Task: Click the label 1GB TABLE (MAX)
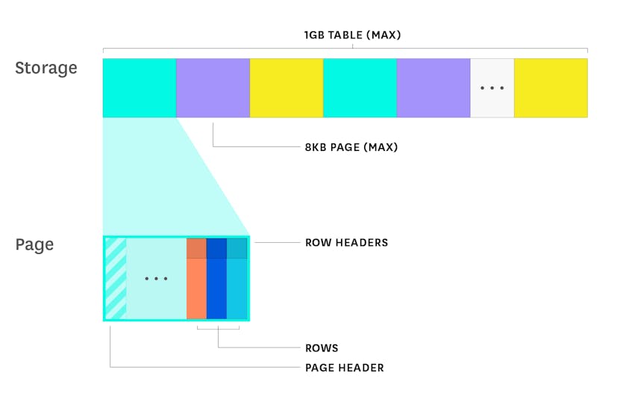click(x=352, y=35)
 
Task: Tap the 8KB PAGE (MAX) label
click(x=351, y=147)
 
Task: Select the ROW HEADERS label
click(x=347, y=243)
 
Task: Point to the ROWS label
click(x=322, y=347)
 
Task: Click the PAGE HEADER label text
click(x=345, y=368)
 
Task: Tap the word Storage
click(x=46, y=68)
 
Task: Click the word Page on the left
click(x=34, y=244)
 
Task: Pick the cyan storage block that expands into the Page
click(x=140, y=88)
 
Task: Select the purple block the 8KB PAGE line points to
click(x=213, y=88)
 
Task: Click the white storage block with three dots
click(x=492, y=88)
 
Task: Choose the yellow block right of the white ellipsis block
click(x=551, y=88)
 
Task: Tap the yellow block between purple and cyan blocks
click(x=287, y=88)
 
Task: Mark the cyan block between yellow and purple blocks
click(x=360, y=88)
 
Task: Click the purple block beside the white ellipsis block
click(x=434, y=88)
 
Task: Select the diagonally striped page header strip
click(x=116, y=279)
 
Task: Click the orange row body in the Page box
click(x=196, y=288)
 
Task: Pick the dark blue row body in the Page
click(x=216, y=288)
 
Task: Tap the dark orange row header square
click(x=196, y=249)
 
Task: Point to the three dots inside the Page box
click(x=156, y=279)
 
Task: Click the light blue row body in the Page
click(x=237, y=288)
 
